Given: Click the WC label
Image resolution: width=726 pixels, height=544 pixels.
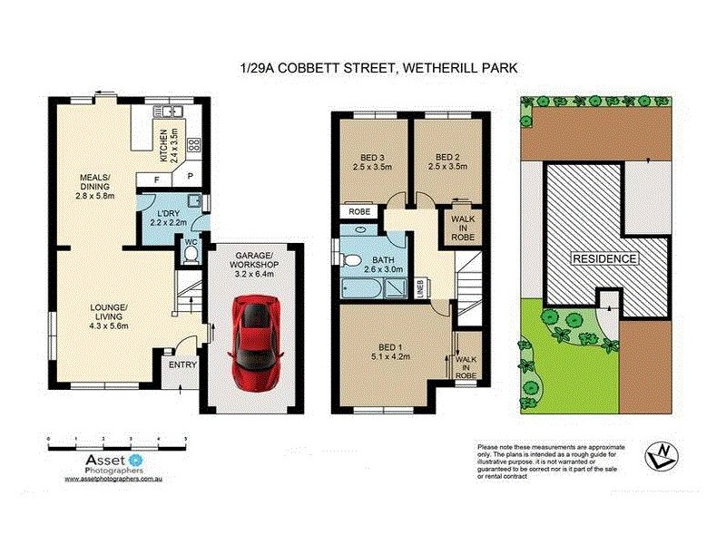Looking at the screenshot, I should (191, 243).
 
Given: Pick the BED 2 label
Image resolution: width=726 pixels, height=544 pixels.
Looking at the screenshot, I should (449, 160).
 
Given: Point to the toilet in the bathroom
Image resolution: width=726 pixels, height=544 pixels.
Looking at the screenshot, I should (354, 260).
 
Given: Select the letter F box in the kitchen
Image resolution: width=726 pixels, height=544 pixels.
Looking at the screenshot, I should (157, 180).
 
